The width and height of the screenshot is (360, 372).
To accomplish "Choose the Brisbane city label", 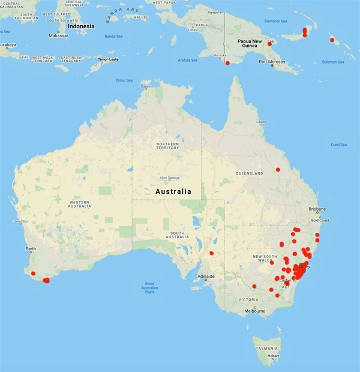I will [317, 209].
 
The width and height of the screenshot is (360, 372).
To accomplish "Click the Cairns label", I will [260, 122].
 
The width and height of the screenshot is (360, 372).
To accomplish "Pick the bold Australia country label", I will [173, 192].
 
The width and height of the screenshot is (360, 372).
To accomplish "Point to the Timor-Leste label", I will [110, 59].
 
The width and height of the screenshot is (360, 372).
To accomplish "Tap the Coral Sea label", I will [339, 145].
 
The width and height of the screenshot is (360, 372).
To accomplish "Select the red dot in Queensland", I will [278, 170].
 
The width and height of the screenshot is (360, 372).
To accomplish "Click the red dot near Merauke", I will [227, 63].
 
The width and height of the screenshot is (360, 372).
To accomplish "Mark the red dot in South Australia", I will [211, 253].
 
